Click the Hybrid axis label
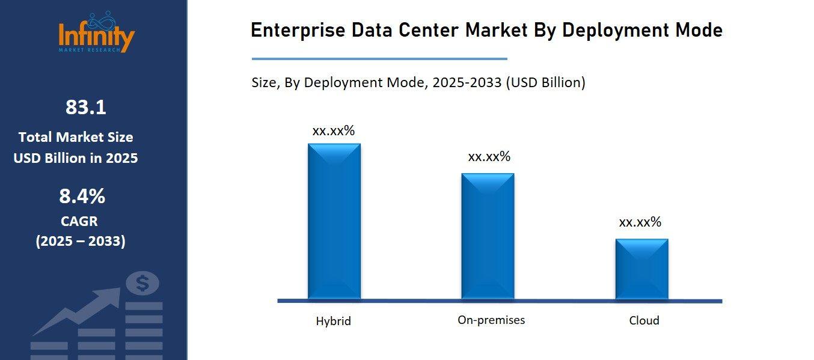coord(333,321)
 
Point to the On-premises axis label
coord(491,320)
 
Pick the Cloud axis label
coord(644,320)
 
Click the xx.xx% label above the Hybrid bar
coord(333,131)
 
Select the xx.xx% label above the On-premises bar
coord(489,157)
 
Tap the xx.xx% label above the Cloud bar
coord(640,222)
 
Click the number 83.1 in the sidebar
coord(85,108)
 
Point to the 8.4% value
coord(82,196)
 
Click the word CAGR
coord(79,221)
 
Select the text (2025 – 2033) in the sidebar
coord(81,242)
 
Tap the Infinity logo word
coord(96,36)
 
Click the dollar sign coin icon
coord(142,283)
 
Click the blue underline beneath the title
coord(379,59)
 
